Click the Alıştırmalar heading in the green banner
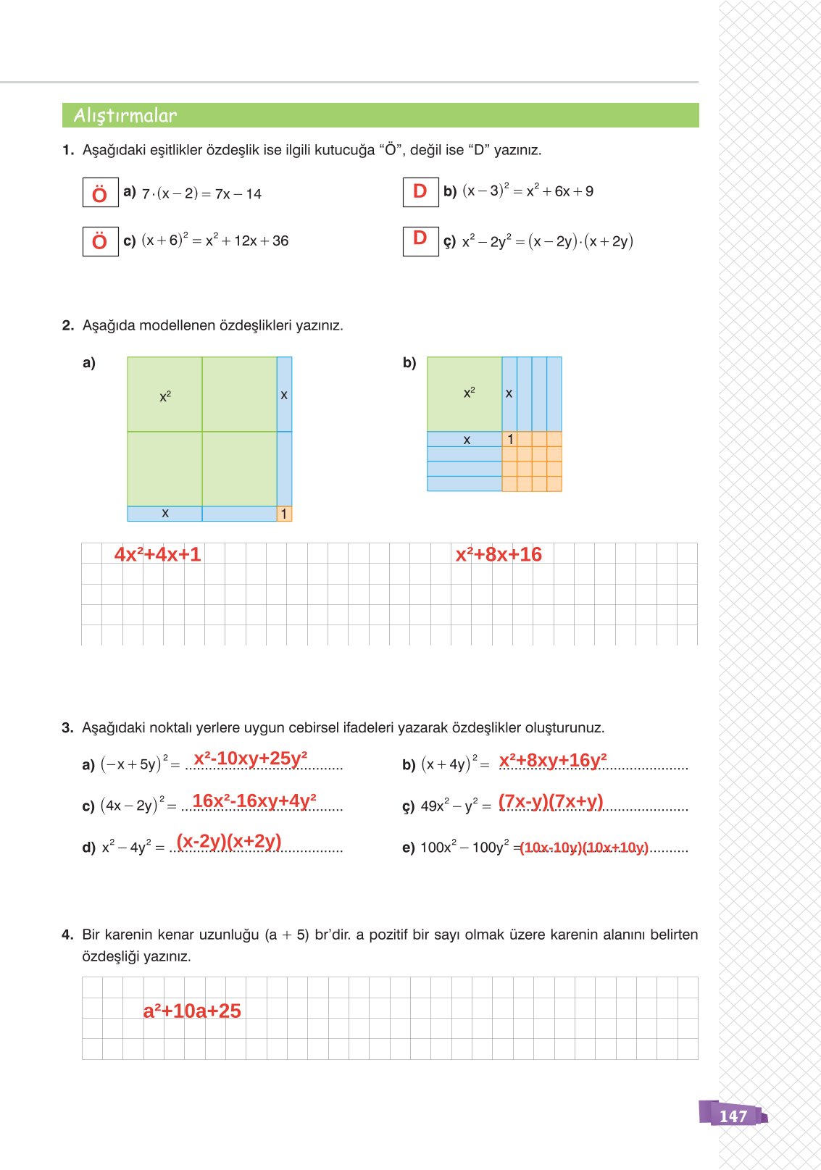click(x=125, y=115)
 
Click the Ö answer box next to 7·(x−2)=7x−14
click(x=100, y=193)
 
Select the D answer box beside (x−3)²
click(x=420, y=192)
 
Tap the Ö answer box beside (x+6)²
click(x=100, y=241)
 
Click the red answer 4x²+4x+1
click(x=157, y=554)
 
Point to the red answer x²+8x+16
click(x=499, y=554)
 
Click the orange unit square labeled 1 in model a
click(x=284, y=514)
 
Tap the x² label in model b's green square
click(x=469, y=392)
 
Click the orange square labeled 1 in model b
click(x=510, y=439)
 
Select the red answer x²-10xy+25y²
click(x=251, y=759)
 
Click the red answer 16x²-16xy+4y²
click(x=254, y=801)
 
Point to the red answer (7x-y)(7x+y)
click(x=551, y=801)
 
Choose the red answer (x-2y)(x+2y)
click(x=229, y=841)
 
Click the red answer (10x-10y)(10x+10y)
click(x=584, y=848)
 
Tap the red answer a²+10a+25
click(x=192, y=1011)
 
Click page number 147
click(x=733, y=1116)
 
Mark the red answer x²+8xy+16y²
click(x=553, y=760)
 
